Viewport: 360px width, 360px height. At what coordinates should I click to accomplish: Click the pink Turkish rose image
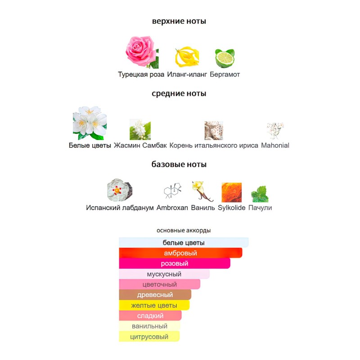tap(142, 52)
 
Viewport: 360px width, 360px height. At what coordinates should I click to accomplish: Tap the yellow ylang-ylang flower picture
tap(187, 57)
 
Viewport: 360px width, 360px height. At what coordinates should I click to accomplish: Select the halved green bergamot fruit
tap(225, 58)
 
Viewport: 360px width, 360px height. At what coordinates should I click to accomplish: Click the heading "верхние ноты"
tap(179, 21)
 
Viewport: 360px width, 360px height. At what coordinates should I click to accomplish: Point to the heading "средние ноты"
tap(179, 94)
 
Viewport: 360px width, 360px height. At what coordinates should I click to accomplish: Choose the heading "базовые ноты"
tap(179, 164)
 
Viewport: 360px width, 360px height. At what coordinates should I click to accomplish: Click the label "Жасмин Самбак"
tap(140, 145)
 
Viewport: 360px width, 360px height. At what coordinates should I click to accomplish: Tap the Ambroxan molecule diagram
tap(173, 191)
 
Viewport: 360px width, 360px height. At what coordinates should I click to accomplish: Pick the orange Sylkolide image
tap(232, 193)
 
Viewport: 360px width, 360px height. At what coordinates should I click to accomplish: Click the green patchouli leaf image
tap(260, 194)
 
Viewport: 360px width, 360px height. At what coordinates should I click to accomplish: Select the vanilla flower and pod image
tap(202, 192)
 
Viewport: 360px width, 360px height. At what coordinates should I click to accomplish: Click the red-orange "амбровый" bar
tap(181, 253)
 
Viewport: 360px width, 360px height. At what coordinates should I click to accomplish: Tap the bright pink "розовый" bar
tap(175, 263)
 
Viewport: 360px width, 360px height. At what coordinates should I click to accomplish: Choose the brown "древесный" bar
tap(155, 295)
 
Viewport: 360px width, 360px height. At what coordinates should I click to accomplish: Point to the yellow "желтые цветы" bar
tap(154, 305)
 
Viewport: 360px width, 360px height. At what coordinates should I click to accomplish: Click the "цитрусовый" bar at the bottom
tap(149, 337)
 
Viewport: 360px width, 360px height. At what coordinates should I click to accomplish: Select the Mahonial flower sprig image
tap(275, 130)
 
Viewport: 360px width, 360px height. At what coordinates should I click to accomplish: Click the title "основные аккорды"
tap(184, 230)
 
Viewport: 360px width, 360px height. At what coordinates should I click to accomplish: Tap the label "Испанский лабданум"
tap(120, 208)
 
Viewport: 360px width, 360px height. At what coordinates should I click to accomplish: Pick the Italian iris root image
tap(214, 130)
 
